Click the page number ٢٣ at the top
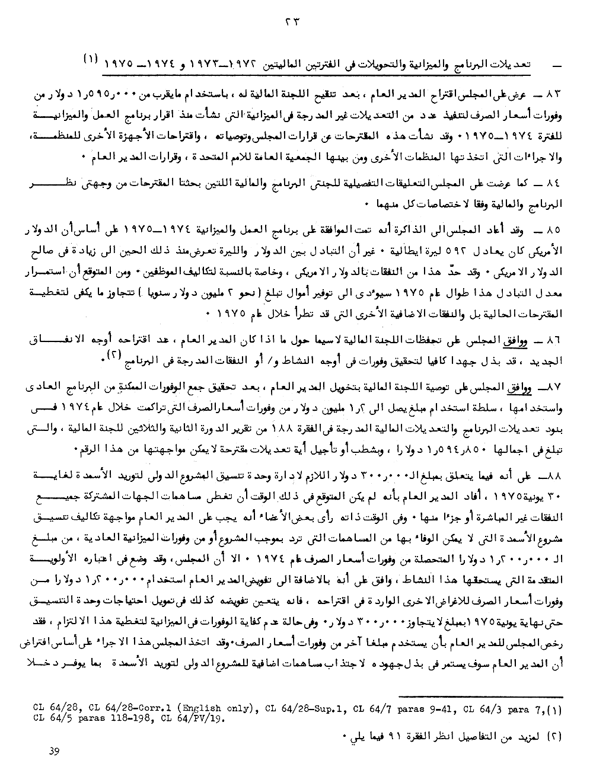[293, 21]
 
